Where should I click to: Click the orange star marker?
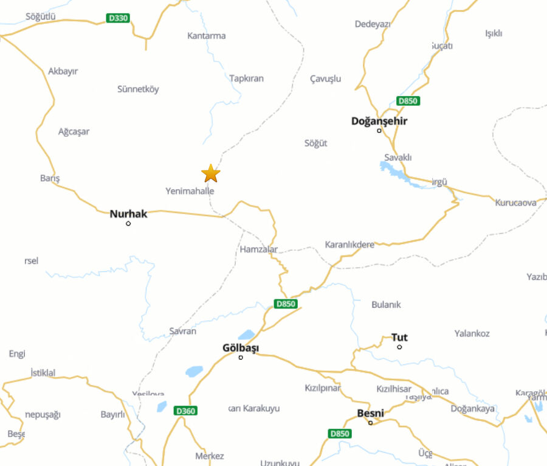(x=210, y=173)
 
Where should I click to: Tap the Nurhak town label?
(x=128, y=214)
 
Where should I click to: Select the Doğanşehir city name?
(x=379, y=120)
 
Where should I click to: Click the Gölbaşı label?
(x=241, y=348)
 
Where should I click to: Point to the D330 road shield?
(x=118, y=18)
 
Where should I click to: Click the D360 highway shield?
(x=185, y=411)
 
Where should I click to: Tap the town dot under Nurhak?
(x=128, y=223)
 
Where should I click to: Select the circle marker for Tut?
(x=399, y=347)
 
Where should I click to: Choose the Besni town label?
(x=370, y=413)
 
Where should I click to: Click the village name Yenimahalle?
(x=190, y=191)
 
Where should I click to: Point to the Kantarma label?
(x=206, y=36)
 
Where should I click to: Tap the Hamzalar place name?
(x=258, y=249)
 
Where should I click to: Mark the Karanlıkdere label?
(x=349, y=245)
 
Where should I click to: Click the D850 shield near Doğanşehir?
(x=408, y=100)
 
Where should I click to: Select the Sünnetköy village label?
(x=138, y=89)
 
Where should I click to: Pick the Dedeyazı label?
(x=373, y=24)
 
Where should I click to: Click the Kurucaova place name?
(x=515, y=203)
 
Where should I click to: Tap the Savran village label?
(x=182, y=332)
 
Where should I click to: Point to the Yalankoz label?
(x=472, y=333)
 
